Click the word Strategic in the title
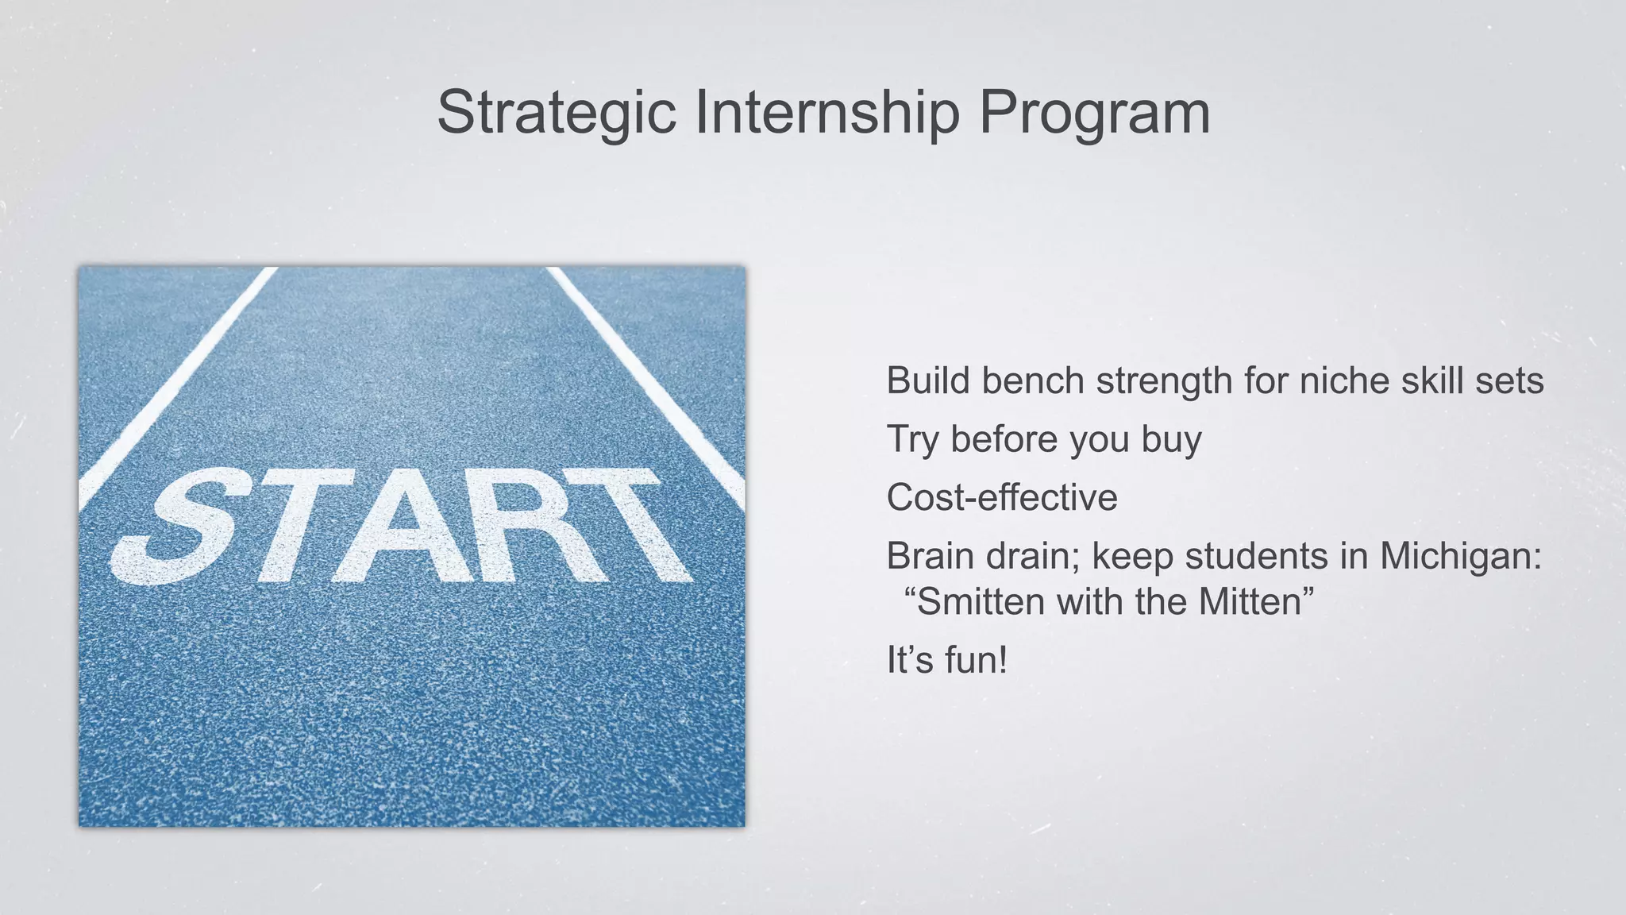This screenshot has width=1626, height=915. coord(556,113)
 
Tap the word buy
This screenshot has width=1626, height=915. coord(1171,440)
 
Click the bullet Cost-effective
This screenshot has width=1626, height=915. coord(1002,498)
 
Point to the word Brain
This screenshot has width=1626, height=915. coord(931,556)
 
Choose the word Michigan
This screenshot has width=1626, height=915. coord(1459,556)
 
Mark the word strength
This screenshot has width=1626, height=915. coord(1165,380)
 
